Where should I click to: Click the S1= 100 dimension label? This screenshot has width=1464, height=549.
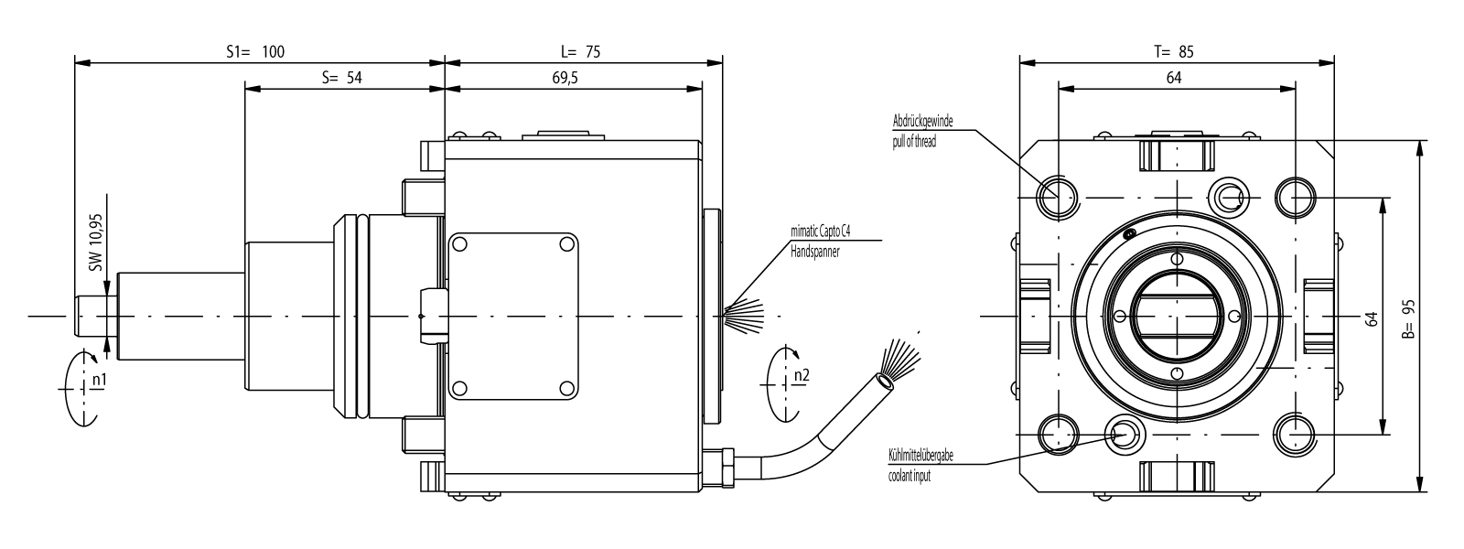(255, 52)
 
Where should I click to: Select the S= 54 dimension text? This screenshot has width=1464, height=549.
(342, 79)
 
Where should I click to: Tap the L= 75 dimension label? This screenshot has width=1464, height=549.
(581, 52)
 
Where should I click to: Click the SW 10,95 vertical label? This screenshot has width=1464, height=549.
(94, 247)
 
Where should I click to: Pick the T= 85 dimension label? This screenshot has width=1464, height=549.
(1173, 52)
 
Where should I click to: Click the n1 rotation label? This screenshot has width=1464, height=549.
(98, 379)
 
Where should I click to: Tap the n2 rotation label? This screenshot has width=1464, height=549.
(801, 374)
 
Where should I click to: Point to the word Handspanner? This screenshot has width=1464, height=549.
(814, 250)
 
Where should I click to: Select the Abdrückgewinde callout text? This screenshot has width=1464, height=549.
(925, 121)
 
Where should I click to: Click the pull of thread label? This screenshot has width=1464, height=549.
(914, 142)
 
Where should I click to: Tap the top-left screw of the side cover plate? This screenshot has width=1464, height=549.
(460, 244)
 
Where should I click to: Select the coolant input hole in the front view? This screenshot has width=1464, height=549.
(1122, 431)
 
